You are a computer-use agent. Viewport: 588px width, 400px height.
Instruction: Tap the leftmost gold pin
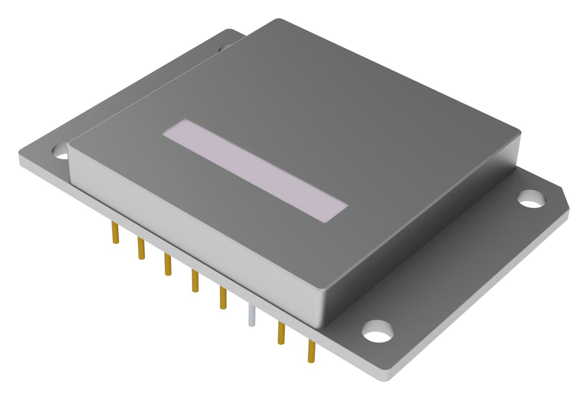pyautogui.click(x=115, y=233)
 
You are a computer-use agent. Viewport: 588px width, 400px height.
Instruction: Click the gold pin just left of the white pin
pyautogui.click(x=223, y=298)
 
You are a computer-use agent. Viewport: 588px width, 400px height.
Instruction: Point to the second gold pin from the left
pyautogui.click(x=141, y=248)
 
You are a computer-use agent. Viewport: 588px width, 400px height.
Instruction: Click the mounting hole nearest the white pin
pyautogui.click(x=378, y=332)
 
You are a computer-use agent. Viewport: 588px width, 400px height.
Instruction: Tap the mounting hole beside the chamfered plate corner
pyautogui.click(x=531, y=199)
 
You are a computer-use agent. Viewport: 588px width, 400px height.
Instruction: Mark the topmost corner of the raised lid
pyautogui.click(x=279, y=20)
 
